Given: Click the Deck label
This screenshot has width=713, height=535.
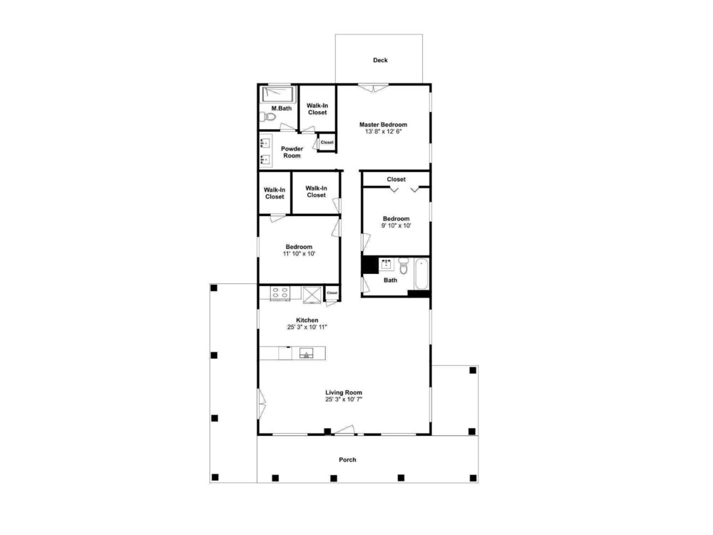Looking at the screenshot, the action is point(380,60).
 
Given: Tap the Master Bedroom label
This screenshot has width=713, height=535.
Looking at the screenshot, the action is point(384,125).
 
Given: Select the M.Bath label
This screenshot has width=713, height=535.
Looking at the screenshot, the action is point(282,108).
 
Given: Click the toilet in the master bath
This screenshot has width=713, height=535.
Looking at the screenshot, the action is point(268,117).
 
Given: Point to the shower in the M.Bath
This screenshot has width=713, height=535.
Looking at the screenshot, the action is point(278,95).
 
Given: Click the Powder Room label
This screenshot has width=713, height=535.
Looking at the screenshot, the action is point(292,152).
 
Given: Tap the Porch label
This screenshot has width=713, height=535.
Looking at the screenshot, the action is point(347,460).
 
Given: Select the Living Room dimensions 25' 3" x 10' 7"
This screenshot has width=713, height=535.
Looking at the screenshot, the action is point(344,399).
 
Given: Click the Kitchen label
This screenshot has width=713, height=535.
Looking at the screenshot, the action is point(307,320).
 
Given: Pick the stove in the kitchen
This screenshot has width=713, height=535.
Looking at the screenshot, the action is point(279,292).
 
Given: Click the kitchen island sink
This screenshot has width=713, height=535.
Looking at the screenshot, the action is point(306,354).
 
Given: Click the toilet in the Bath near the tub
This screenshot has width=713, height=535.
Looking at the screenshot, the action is point(404,265).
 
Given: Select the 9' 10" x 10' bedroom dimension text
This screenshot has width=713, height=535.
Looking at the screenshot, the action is point(396,225).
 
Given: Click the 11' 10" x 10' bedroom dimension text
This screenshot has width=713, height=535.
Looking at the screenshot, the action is point(299,254).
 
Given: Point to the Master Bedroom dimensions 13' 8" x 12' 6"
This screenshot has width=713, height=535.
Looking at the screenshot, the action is point(384,132).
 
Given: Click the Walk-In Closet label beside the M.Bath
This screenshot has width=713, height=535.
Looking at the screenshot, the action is point(317,109).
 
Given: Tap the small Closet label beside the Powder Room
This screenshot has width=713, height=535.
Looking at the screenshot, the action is point(327,143).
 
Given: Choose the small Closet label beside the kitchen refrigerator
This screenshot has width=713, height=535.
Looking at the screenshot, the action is point(332,293).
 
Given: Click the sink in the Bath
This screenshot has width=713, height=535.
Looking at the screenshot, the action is point(387,265).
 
